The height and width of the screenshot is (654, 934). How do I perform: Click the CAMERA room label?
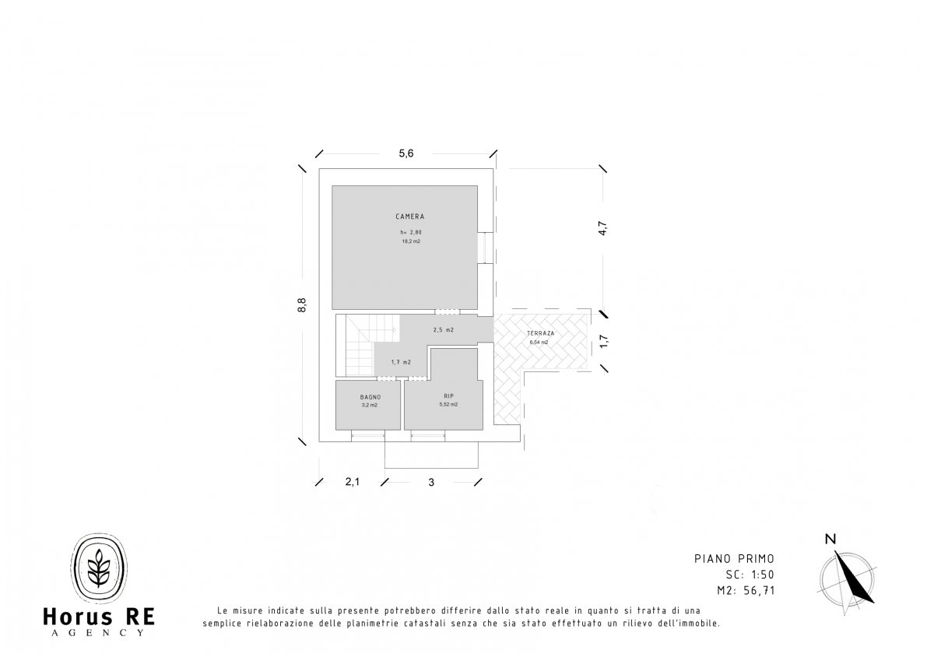(410, 216)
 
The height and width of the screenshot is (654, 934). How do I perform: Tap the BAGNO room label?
(370, 397)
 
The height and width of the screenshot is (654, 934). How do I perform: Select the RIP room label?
(448, 396)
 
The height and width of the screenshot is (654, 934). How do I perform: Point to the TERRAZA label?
(540, 333)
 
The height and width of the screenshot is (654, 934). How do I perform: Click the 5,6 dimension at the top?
(406, 153)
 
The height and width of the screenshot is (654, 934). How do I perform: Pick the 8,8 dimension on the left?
(302, 305)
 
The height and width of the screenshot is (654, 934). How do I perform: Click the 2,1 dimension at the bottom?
(353, 482)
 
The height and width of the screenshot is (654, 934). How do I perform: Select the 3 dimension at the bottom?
(431, 482)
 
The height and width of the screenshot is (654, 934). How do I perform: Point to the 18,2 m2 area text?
(411, 241)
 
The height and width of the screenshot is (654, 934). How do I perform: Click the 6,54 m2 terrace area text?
(539, 343)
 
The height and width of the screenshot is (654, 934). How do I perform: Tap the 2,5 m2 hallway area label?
(443, 329)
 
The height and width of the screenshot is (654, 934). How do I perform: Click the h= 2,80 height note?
(411, 232)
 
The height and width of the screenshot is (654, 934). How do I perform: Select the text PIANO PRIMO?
(734, 558)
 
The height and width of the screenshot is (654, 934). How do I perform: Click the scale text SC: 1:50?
(750, 575)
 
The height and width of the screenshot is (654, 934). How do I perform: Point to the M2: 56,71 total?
(746, 590)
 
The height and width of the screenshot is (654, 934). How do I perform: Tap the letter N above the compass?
(830, 540)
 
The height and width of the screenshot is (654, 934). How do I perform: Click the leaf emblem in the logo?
(99, 568)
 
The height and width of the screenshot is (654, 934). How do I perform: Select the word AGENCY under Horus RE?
(98, 633)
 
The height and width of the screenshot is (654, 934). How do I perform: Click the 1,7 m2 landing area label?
(401, 362)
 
